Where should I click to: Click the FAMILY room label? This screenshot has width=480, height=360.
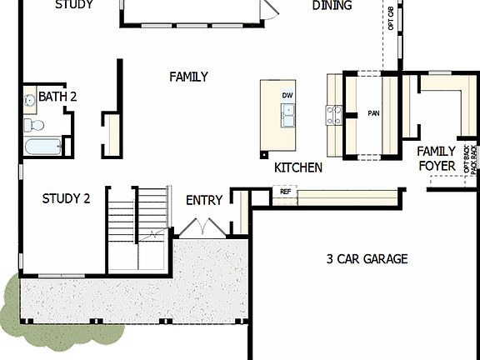(x=188, y=77)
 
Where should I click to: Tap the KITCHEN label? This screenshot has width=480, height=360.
(x=297, y=167)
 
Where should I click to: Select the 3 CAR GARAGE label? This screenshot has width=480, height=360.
(x=367, y=259)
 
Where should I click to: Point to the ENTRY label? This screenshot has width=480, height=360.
(x=204, y=200)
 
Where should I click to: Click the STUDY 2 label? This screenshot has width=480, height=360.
(x=66, y=198)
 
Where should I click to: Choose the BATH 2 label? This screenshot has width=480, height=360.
(x=57, y=97)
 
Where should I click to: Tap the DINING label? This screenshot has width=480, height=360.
(x=332, y=6)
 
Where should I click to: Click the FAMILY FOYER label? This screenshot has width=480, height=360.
(x=437, y=158)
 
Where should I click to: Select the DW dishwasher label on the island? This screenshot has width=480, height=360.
(x=287, y=96)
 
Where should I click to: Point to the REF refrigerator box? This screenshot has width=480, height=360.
(x=285, y=192)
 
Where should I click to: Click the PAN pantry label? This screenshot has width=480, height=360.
(x=373, y=112)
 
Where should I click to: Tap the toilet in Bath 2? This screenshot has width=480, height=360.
(x=34, y=125)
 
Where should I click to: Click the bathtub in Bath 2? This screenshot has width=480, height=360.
(x=42, y=147)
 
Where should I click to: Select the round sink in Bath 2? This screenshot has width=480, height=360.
(x=30, y=101)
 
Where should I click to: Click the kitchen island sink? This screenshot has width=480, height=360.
(x=288, y=117)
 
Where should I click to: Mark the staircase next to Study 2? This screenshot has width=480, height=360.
(x=138, y=225)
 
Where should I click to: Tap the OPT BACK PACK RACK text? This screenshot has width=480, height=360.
(x=470, y=159)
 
